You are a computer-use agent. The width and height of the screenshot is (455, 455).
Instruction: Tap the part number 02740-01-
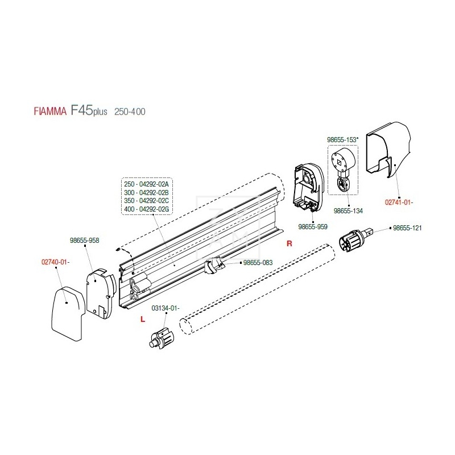(55, 262)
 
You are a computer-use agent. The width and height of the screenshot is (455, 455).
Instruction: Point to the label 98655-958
(85, 241)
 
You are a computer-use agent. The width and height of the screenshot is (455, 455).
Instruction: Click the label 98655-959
(313, 226)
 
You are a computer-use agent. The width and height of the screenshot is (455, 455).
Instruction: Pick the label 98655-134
(348, 210)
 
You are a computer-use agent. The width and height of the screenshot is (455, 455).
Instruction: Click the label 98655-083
(258, 263)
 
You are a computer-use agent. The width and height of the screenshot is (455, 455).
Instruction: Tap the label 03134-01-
(165, 308)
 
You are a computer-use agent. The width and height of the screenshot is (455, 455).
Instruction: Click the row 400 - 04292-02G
(148, 210)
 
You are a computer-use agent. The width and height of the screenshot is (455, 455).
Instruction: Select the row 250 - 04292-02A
(148, 184)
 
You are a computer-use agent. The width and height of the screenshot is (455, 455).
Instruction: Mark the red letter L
(142, 320)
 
